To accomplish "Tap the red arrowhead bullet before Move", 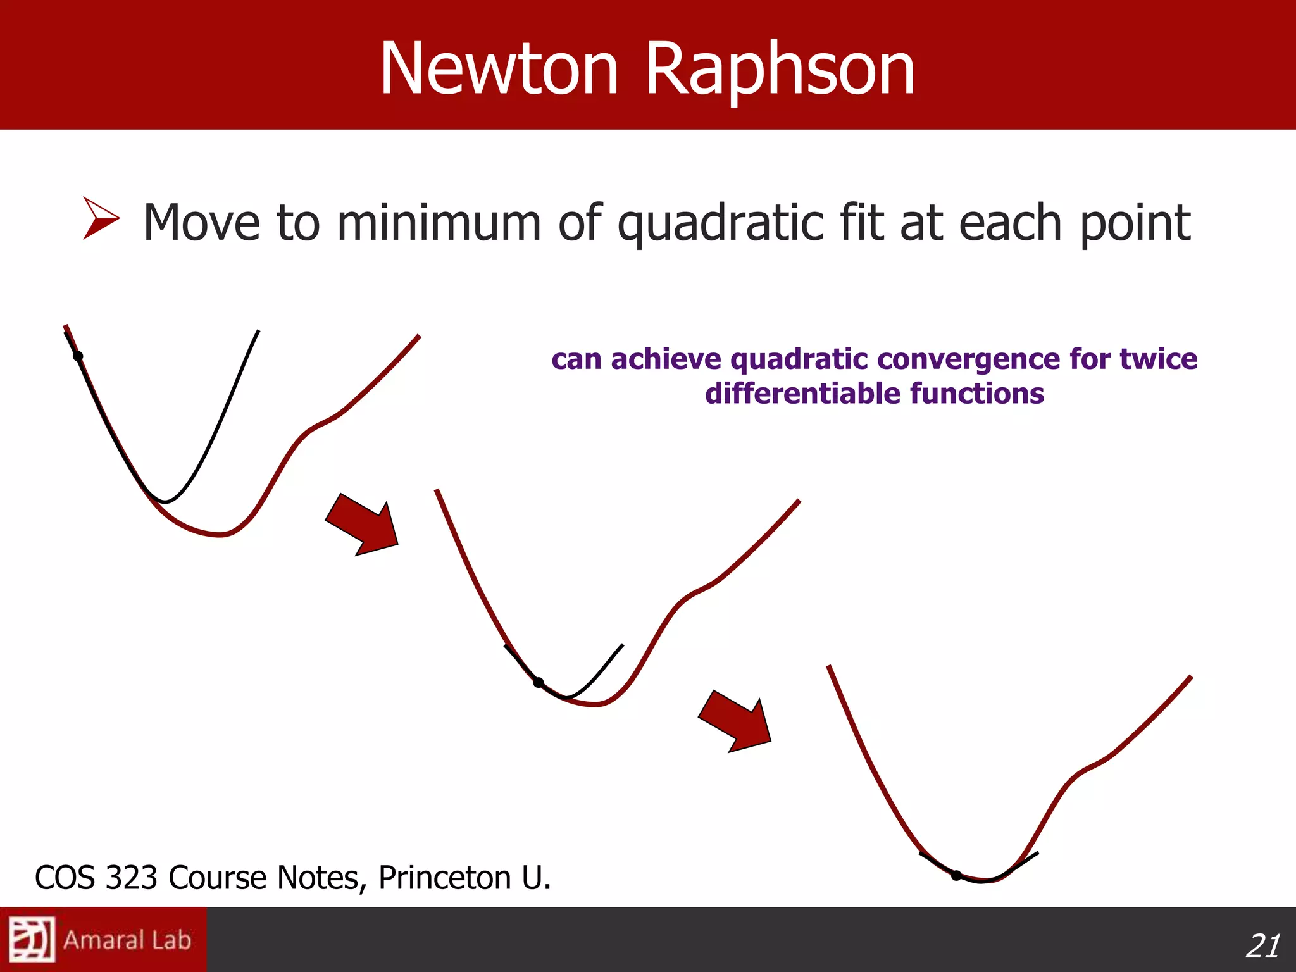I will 99,218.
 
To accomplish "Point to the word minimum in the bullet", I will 439,223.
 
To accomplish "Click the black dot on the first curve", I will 78,356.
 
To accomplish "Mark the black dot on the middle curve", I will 539,682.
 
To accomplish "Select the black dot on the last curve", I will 956,876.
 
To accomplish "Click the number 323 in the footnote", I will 131,878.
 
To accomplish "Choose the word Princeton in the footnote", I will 444,878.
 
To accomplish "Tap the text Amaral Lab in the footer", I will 127,940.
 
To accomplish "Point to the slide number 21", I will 1262,946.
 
